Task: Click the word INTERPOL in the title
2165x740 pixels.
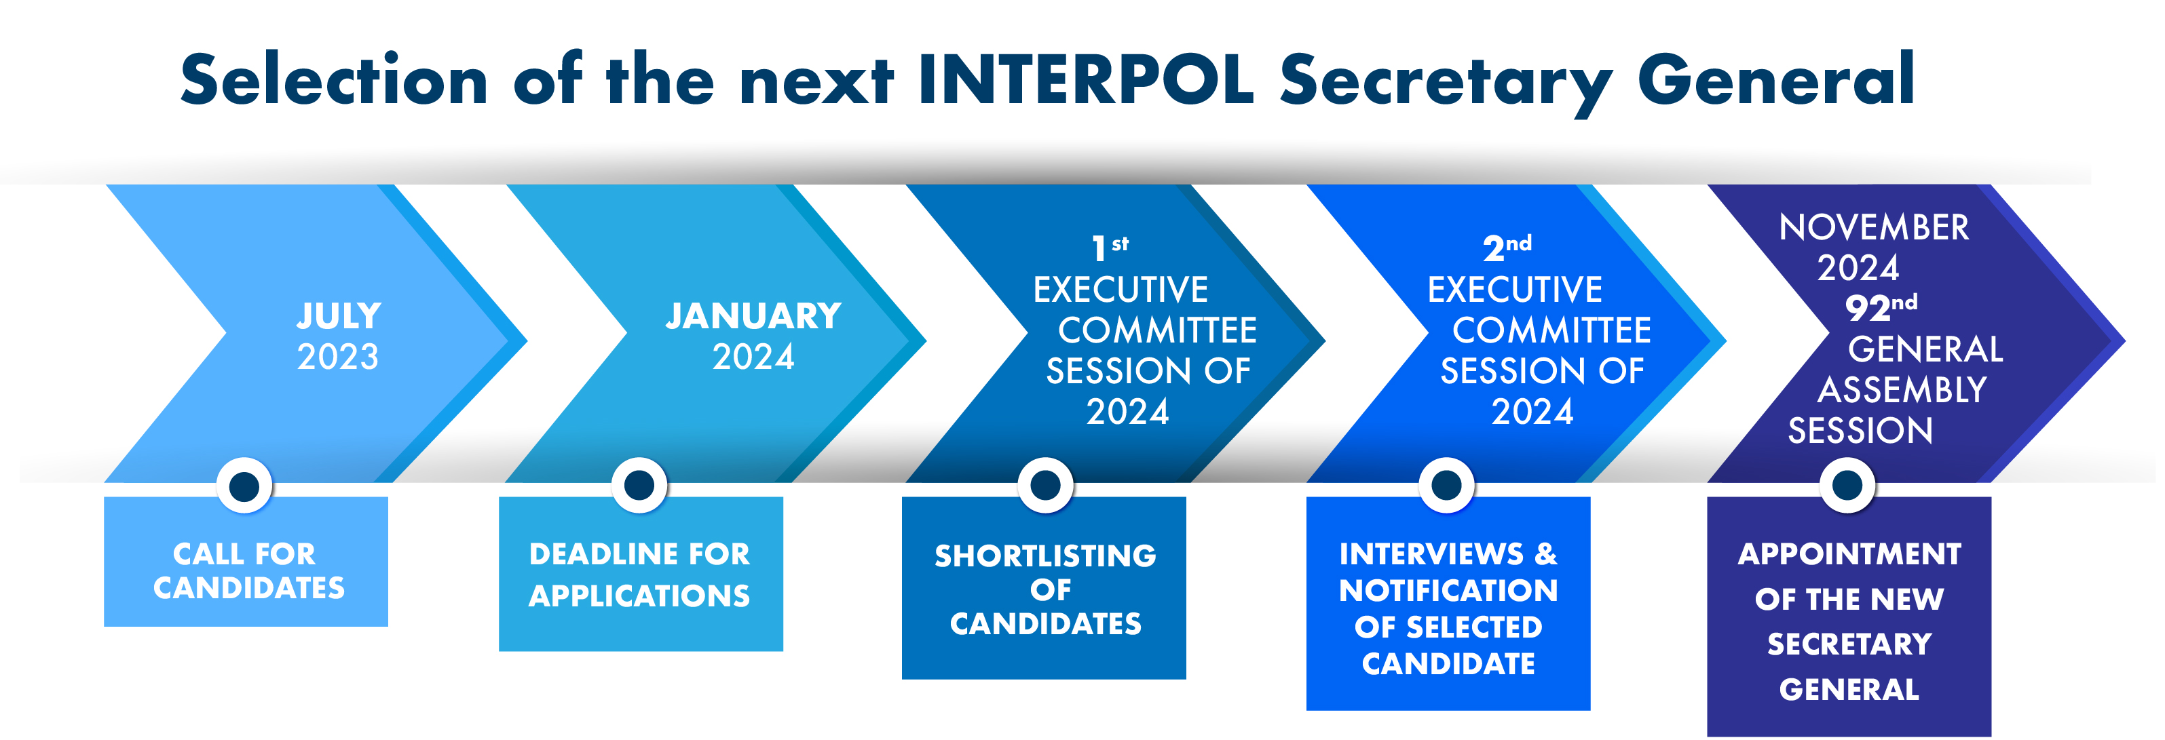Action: coord(1086,80)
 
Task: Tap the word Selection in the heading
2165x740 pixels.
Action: coord(335,80)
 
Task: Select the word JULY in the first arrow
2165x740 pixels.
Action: coord(339,316)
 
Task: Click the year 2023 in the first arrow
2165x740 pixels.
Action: coord(338,357)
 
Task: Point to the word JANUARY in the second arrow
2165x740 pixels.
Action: coord(754,316)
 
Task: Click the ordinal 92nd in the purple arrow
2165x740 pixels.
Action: coord(1881,307)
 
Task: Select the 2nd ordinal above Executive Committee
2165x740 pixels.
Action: coord(1507,248)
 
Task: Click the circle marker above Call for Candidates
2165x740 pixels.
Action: coord(244,486)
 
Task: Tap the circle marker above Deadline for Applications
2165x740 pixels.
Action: coord(639,486)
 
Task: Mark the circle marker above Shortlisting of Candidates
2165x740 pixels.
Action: coord(1046,486)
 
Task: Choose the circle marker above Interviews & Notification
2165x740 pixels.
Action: coord(1446,486)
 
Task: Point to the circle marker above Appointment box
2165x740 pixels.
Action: coord(1847,486)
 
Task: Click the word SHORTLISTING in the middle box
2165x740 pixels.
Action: coord(1046,556)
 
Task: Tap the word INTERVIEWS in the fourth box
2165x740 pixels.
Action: coord(1431,554)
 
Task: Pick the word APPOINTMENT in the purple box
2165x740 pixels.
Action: coord(1849,554)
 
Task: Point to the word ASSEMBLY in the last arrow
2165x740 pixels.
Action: coord(1902,390)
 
